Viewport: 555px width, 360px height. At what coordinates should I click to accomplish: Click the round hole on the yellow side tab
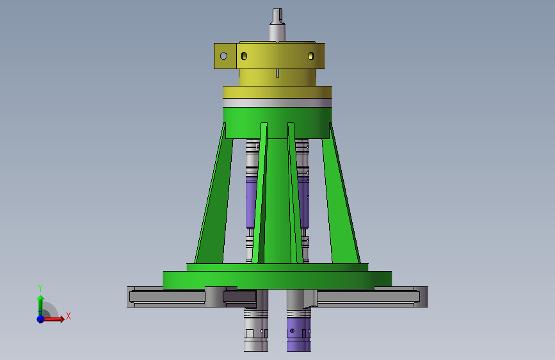click(223, 56)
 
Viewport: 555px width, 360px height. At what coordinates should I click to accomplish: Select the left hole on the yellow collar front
click(244, 56)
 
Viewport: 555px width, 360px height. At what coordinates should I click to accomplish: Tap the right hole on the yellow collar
click(310, 56)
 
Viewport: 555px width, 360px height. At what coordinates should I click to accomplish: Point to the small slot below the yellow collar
click(277, 73)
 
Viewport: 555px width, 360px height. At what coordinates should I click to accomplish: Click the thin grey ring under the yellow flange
click(278, 102)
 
